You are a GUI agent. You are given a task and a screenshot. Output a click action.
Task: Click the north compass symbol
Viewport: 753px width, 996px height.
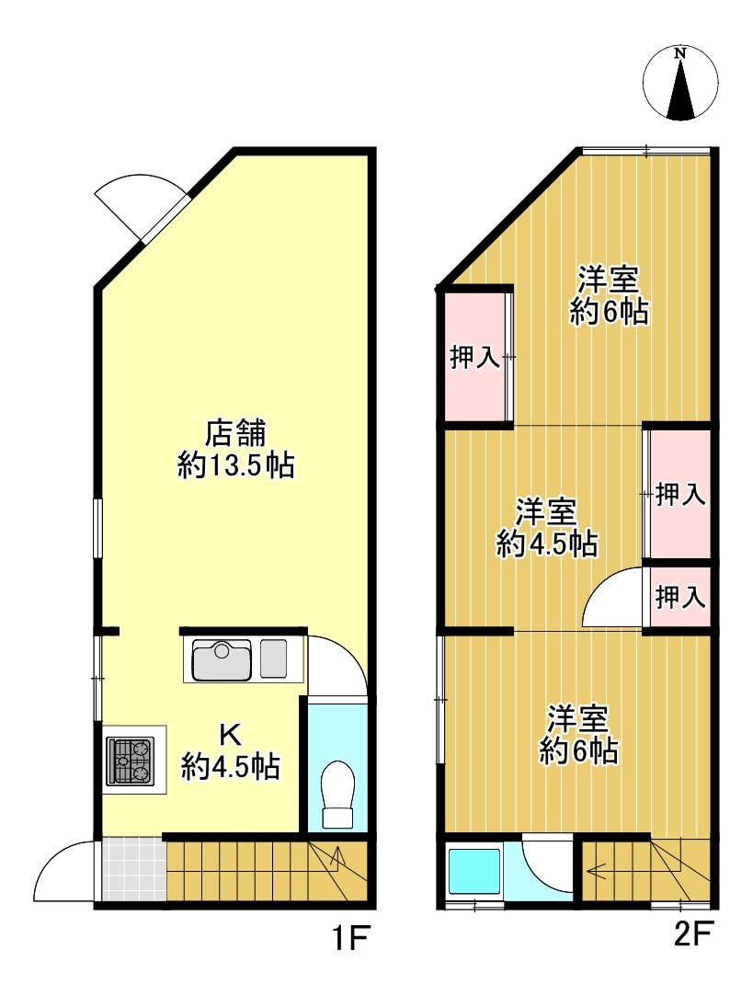click(680, 83)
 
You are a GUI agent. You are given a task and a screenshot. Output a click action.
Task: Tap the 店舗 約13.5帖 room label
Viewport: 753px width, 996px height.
click(235, 449)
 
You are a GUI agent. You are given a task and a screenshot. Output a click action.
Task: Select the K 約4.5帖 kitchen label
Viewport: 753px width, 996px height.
click(231, 750)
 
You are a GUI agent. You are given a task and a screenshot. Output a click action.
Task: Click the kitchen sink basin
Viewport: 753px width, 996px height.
click(222, 659)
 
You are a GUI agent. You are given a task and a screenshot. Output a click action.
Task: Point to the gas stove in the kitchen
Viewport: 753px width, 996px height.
click(131, 760)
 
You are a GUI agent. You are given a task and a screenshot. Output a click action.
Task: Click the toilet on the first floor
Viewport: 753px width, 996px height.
click(337, 795)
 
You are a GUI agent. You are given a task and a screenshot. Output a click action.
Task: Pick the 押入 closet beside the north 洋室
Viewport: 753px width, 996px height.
click(475, 357)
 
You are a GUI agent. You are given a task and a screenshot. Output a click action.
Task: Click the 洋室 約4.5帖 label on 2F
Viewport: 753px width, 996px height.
click(546, 528)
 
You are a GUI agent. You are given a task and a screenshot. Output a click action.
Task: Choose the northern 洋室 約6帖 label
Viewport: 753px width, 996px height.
click(609, 295)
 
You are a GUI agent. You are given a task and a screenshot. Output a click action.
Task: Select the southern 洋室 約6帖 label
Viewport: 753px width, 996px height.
click(578, 734)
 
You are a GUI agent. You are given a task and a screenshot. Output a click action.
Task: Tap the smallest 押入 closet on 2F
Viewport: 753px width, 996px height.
click(680, 597)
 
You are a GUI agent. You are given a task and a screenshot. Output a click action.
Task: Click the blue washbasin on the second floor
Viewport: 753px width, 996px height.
click(474, 870)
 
